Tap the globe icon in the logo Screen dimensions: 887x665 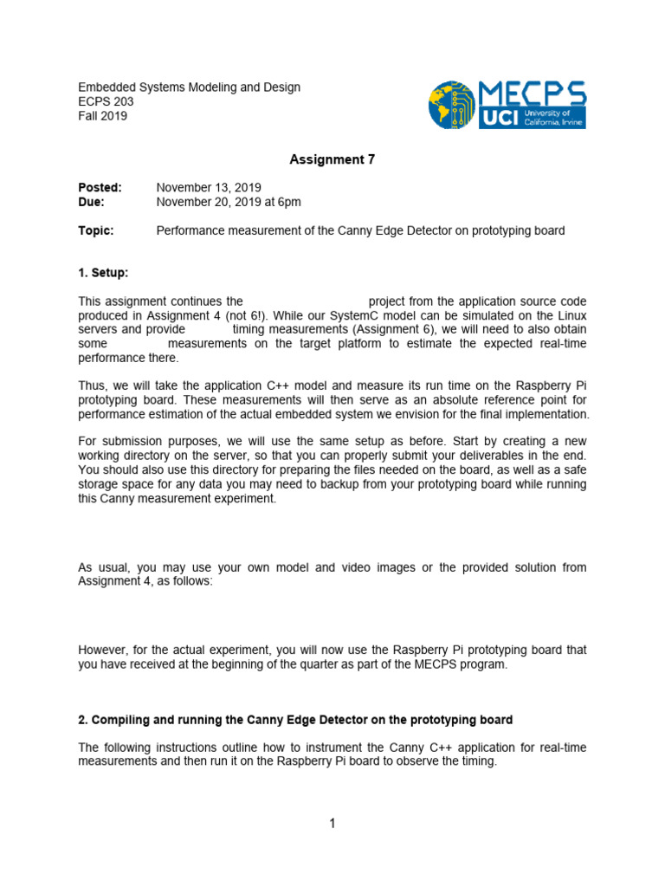(451, 106)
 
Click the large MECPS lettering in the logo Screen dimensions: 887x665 (533, 94)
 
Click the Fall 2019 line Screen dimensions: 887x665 (103, 115)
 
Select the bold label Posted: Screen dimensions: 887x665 (100, 188)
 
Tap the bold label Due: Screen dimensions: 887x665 (92, 202)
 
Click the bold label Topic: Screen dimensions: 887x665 (96, 230)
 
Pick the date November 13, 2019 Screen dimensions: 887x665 (209, 188)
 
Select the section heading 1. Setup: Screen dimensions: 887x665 (103, 273)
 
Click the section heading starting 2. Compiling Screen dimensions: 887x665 (295, 720)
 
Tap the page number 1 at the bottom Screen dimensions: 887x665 (332, 823)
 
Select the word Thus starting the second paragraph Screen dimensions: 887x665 (91, 385)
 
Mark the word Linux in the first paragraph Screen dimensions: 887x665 (571, 315)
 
